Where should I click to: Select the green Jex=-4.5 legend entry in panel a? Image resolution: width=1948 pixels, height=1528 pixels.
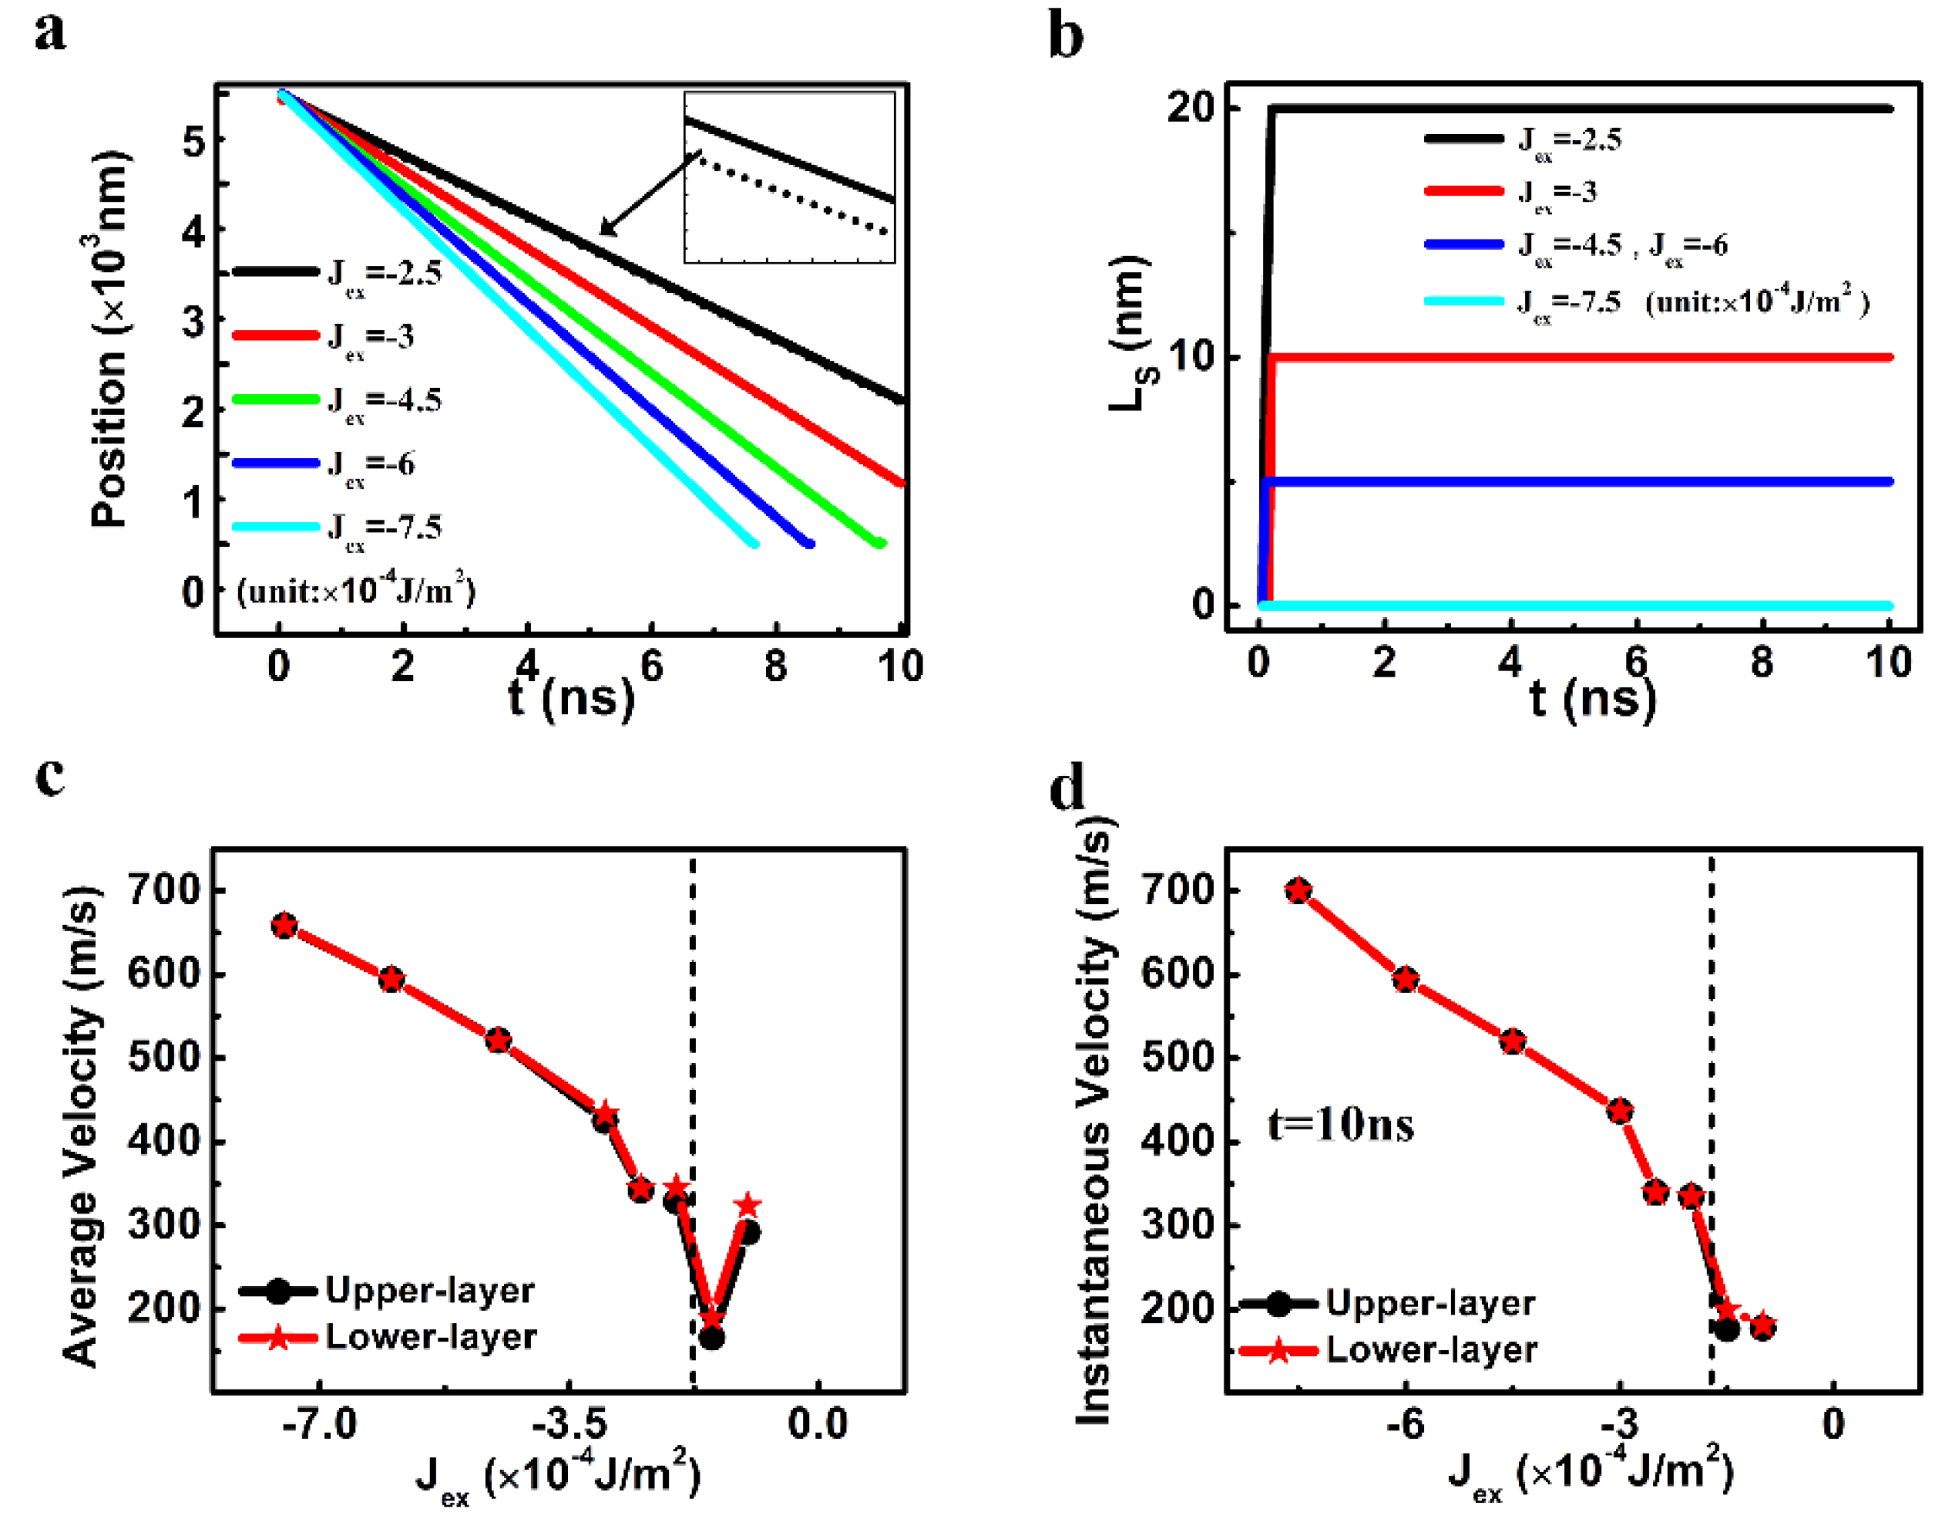(340, 400)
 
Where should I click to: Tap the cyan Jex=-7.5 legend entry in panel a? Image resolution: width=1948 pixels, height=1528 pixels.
(340, 527)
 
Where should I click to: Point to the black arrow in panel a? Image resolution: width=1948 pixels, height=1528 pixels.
(648, 194)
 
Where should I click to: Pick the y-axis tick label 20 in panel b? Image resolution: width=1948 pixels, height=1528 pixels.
(1190, 108)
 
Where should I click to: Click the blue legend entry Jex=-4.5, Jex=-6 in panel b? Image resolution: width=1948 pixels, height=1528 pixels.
(1574, 245)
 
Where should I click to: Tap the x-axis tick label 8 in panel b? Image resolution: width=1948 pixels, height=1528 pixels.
(1761, 663)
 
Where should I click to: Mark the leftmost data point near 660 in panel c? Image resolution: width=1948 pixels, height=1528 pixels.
(284, 926)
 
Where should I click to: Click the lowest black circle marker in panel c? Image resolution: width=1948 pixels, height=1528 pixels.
(712, 1339)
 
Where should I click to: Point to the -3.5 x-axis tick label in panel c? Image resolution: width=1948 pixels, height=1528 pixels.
(570, 1423)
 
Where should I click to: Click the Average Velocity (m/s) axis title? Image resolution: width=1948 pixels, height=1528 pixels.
(80, 1127)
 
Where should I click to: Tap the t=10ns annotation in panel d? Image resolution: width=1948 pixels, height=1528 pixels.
(1340, 1124)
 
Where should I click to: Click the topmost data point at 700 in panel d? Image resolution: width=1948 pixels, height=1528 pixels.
(1299, 890)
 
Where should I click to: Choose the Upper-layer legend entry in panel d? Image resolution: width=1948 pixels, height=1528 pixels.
(1387, 1303)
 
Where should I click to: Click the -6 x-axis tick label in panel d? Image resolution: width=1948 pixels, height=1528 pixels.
(1405, 1423)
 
